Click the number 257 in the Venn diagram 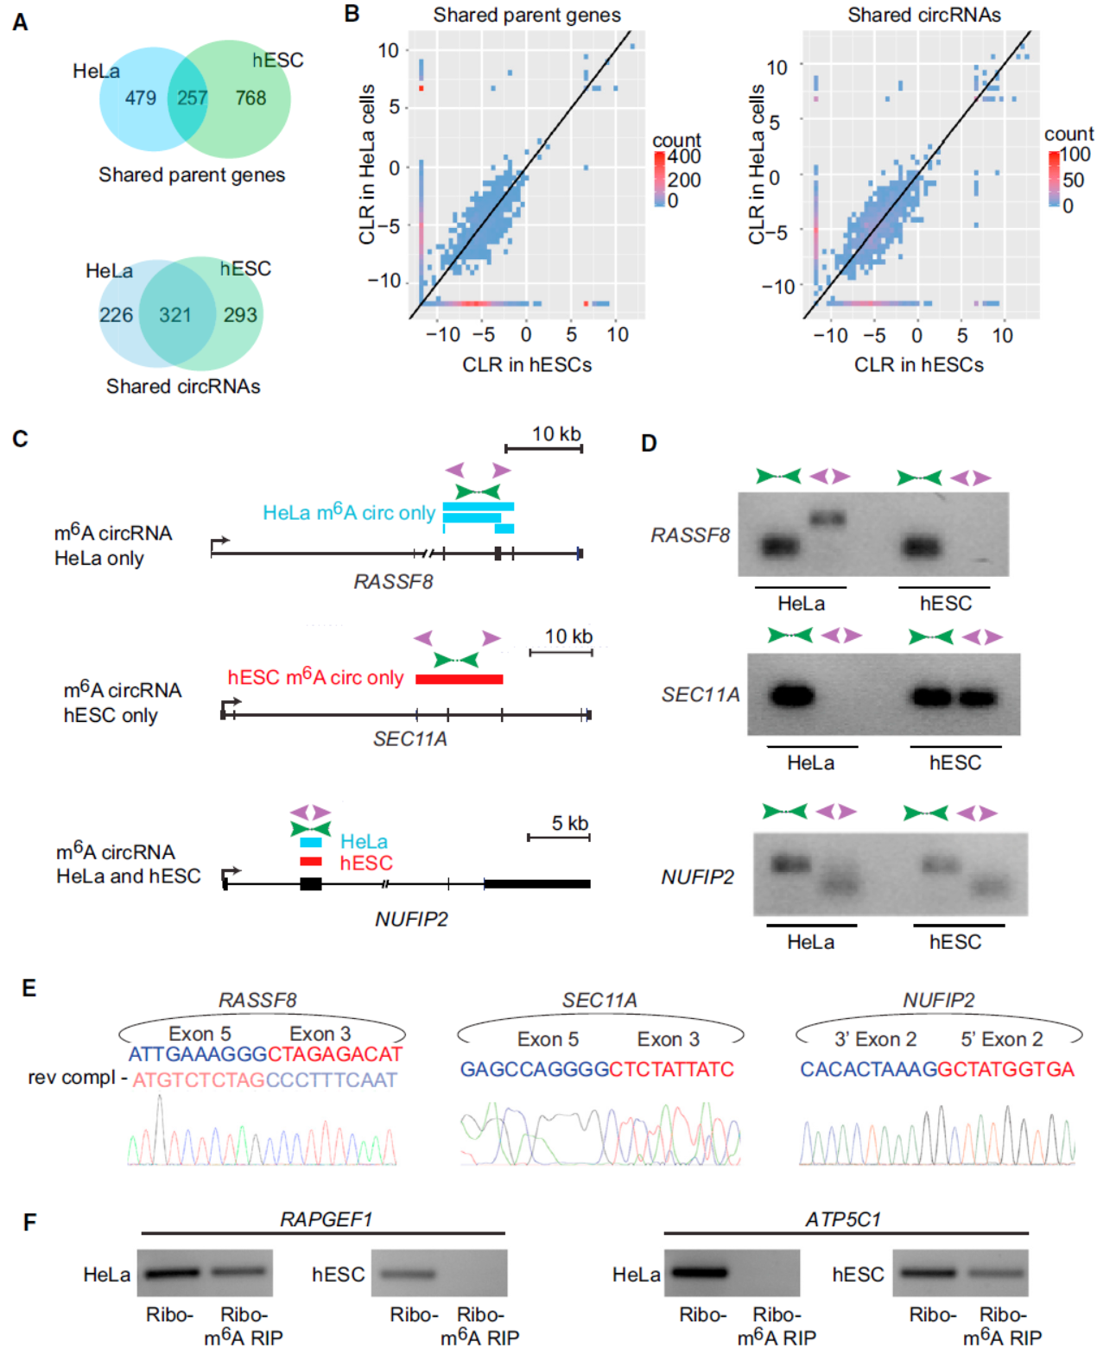192,98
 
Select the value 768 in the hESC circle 250,98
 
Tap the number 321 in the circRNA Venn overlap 174,315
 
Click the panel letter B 352,14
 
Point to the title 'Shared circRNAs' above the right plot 923,15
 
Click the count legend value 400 684,157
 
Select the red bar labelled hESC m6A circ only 459,680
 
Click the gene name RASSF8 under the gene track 393,581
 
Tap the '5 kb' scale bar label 570,823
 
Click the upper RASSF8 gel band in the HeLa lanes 827,519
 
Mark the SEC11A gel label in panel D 701,694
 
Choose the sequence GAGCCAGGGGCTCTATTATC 597,1069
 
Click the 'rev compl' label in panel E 72,1078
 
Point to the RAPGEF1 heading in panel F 326,1218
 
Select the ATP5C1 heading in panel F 843,1218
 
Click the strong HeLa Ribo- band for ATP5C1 700,1272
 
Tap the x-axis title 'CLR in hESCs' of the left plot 527,364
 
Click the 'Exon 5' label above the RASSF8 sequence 200,1034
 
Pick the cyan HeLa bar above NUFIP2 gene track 310,842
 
